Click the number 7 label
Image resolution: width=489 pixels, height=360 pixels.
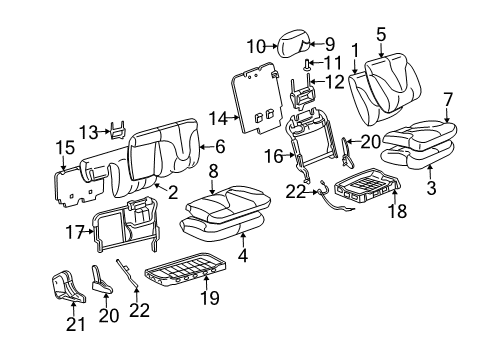click(447, 98)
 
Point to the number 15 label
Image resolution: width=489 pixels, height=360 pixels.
click(67, 148)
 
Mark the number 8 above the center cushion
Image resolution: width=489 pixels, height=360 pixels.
click(212, 171)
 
